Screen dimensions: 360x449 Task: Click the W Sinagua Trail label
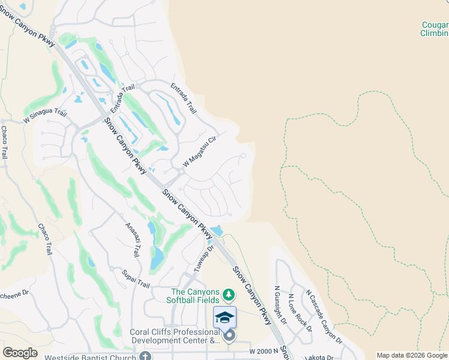[45, 116]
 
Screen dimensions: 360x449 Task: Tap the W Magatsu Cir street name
[199, 151]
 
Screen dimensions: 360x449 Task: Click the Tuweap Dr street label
[204, 257]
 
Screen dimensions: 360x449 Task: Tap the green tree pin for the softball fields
[228, 295]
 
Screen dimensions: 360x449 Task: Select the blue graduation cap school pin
[224, 317]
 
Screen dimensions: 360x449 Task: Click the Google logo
[20, 352]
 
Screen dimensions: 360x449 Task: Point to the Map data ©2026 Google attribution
[412, 355]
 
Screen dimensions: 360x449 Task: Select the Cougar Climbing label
[433, 29]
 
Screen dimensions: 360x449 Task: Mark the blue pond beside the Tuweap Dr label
[217, 230]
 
